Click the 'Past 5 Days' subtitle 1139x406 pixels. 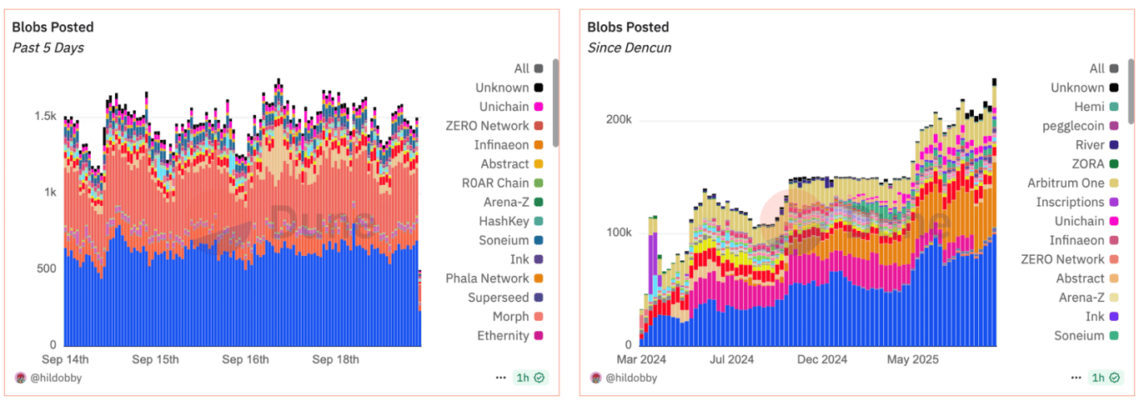(x=48, y=48)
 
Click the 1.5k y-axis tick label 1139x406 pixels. (x=45, y=115)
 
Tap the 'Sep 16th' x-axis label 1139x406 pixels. (x=245, y=360)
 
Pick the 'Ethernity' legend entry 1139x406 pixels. (x=503, y=336)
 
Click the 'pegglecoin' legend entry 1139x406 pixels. (x=1071, y=126)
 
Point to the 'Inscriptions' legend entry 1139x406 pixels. (x=1070, y=203)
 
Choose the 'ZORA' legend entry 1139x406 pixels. (x=1087, y=164)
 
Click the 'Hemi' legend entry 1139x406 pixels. (x=1089, y=107)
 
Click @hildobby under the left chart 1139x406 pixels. (x=57, y=378)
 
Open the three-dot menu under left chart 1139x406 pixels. (x=500, y=378)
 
